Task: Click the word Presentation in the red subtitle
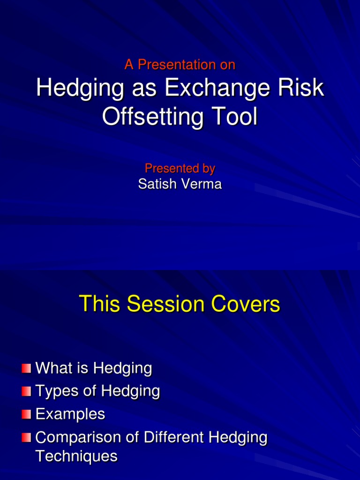(177, 65)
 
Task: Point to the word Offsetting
(153, 117)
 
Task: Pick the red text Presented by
(180, 168)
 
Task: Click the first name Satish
(157, 184)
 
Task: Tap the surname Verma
(202, 184)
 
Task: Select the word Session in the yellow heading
(165, 304)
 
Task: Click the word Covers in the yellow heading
(246, 304)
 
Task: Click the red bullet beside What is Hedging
(26, 368)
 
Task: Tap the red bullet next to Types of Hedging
(26, 391)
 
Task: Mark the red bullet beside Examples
(26, 414)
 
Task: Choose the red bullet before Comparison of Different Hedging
(26, 437)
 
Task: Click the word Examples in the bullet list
(70, 414)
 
